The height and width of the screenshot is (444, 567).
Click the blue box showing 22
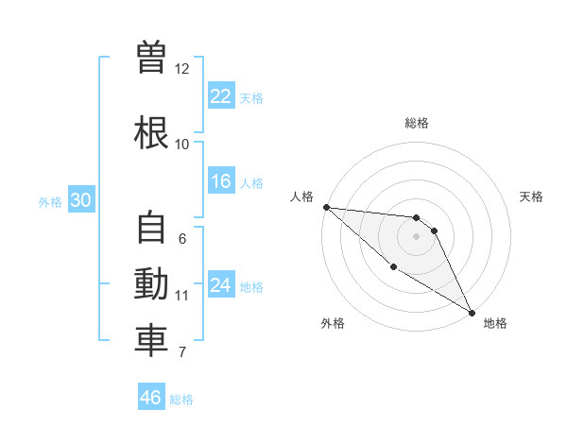tap(221, 96)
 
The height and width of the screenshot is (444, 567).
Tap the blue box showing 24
tap(221, 285)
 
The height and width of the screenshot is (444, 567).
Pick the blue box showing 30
tap(81, 200)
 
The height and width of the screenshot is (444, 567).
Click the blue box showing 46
tap(151, 398)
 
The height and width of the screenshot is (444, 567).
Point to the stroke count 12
tap(182, 69)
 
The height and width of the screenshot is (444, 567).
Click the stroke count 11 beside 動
tap(182, 296)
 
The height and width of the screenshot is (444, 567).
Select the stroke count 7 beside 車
tap(182, 353)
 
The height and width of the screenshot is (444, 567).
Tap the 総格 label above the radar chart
tap(417, 124)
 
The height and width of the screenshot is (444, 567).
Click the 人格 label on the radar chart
tap(302, 196)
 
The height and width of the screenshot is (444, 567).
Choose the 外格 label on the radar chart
tap(333, 323)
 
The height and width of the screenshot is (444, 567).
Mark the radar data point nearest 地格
tap(472, 312)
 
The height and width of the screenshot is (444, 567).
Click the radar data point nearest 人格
tap(326, 207)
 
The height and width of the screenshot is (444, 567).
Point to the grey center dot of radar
tap(416, 236)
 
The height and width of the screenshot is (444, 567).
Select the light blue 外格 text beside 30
tap(50, 202)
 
